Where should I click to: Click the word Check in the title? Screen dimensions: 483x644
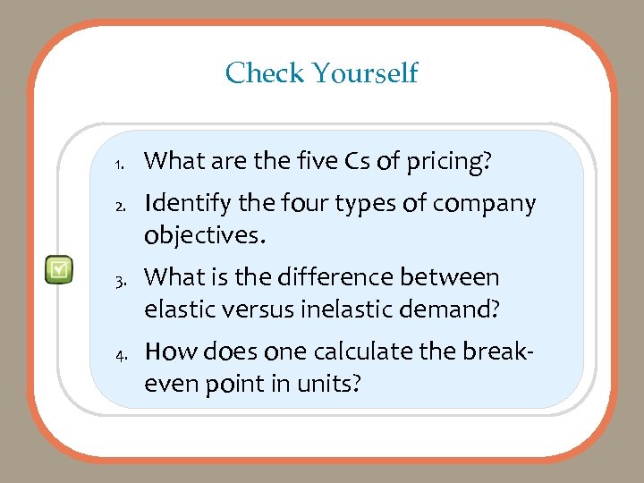click(264, 72)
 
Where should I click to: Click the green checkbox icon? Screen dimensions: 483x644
click(59, 268)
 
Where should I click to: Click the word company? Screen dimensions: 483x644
click(484, 204)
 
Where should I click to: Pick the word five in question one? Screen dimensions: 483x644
click(313, 161)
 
